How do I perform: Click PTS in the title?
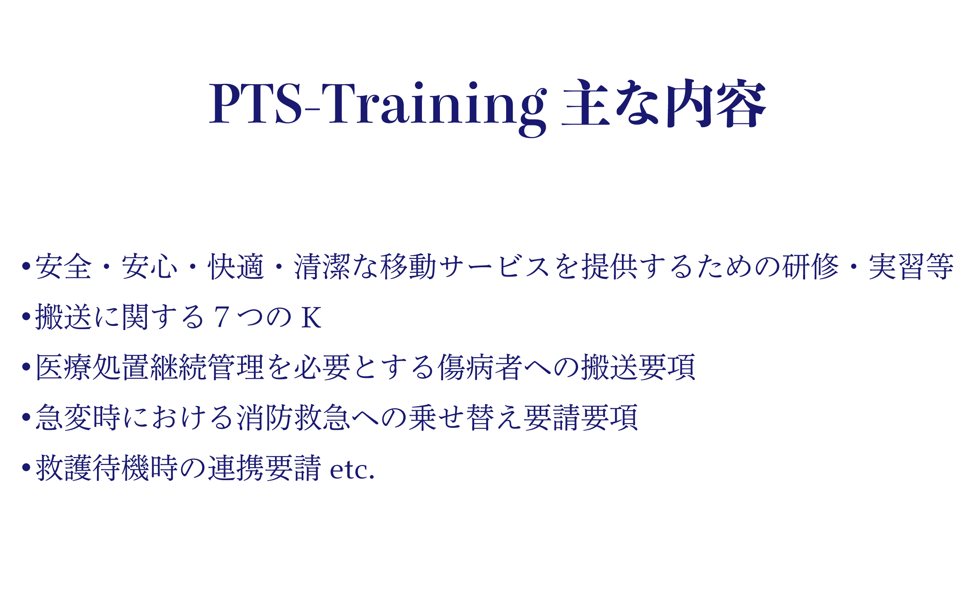255,103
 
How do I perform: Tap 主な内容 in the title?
664,103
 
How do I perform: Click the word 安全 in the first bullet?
64,266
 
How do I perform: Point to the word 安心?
150,266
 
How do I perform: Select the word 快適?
236,266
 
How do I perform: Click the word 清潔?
322,266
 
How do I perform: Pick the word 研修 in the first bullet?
810,266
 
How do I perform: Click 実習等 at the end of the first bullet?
911,266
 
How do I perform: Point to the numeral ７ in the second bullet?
222,317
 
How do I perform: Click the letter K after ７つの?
311,318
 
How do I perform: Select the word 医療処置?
93,367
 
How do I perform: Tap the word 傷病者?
480,367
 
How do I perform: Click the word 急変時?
78,417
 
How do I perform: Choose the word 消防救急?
294,417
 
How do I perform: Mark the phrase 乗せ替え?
466,417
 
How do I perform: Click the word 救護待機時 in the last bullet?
107,468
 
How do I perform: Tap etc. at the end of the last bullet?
352,470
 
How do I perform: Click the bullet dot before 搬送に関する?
26,316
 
